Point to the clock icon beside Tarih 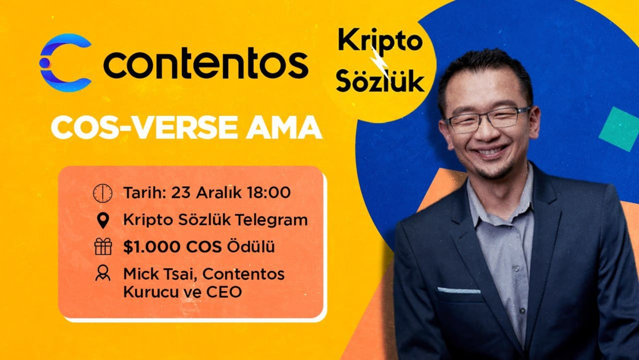[103, 193]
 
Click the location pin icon [103, 221]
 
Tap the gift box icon [103, 247]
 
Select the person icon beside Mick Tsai [103, 273]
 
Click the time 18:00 [269, 193]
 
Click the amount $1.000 [152, 247]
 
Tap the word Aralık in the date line [219, 193]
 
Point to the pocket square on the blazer [459, 291]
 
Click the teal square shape [620, 129]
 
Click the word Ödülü [251, 247]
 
